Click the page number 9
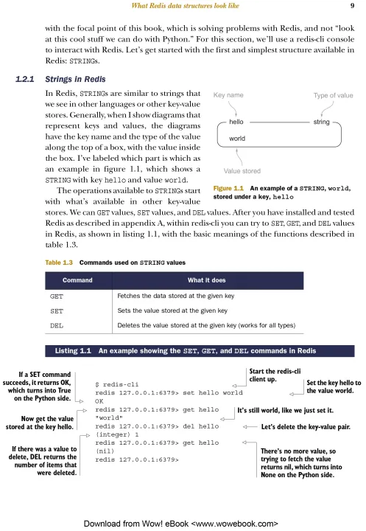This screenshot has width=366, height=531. [x=352, y=5]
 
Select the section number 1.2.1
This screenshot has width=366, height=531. [x=25, y=79]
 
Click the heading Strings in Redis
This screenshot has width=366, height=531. [x=75, y=79]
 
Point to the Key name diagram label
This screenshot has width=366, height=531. [x=228, y=95]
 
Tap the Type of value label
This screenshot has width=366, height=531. [x=333, y=95]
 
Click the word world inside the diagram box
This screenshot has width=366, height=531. [x=237, y=139]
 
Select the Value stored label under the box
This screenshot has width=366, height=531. [x=242, y=171]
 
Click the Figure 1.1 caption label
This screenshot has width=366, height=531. [x=228, y=188]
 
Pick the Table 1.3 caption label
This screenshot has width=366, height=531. [x=59, y=263]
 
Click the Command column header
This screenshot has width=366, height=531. [x=77, y=280]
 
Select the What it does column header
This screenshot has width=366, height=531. [x=207, y=280]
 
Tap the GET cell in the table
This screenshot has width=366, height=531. [x=57, y=296]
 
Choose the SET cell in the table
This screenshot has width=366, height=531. [x=57, y=311]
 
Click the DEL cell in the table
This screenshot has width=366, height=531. [x=57, y=325]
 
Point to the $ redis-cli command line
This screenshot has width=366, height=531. [x=116, y=384]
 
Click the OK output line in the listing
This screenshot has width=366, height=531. [x=99, y=401]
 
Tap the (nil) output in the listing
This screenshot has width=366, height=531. [x=105, y=451]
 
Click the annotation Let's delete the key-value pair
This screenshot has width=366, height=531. [x=306, y=427]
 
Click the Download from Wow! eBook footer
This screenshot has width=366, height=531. [x=181, y=524]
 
